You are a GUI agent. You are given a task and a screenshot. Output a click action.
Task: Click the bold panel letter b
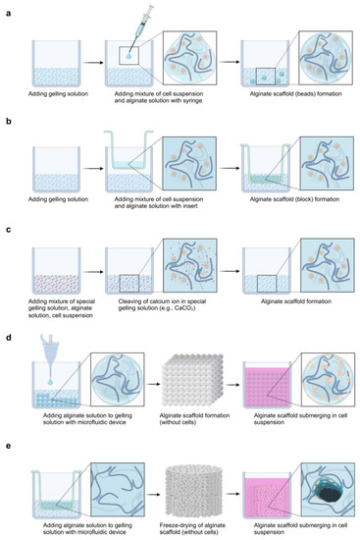click(7, 115)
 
